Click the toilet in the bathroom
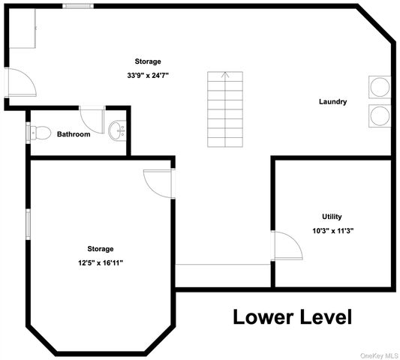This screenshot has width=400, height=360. (41, 133)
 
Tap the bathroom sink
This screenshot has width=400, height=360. (117, 130)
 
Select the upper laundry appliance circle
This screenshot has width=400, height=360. (380, 87)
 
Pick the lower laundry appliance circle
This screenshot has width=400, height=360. (380, 115)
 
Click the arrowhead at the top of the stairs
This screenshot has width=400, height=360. (225, 74)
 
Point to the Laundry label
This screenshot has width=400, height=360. (333, 102)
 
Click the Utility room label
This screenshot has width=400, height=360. (332, 217)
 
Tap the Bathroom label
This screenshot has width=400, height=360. (74, 134)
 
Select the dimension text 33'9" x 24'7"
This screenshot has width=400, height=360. (148, 76)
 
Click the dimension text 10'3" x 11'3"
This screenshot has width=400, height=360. (333, 231)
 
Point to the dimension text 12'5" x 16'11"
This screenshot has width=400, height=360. (101, 262)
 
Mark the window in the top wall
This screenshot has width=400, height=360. (78, 6)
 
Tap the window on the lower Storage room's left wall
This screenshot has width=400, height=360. (28, 224)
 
